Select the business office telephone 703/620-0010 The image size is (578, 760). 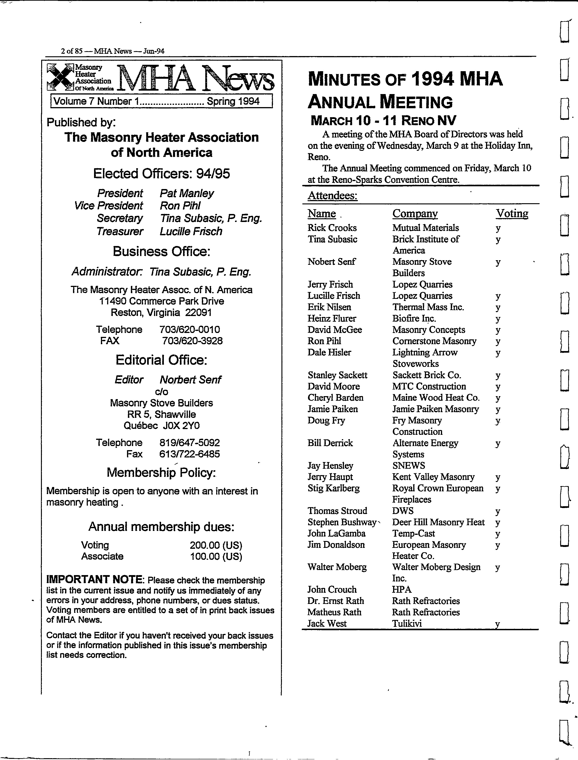[189, 329]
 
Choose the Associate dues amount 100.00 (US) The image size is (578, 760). [216, 556]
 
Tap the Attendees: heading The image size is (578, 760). [332, 195]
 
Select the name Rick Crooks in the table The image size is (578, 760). [332, 227]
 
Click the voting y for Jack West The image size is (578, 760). [497, 625]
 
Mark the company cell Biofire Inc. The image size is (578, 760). [414, 318]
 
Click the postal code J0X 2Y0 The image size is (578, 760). [181, 426]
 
